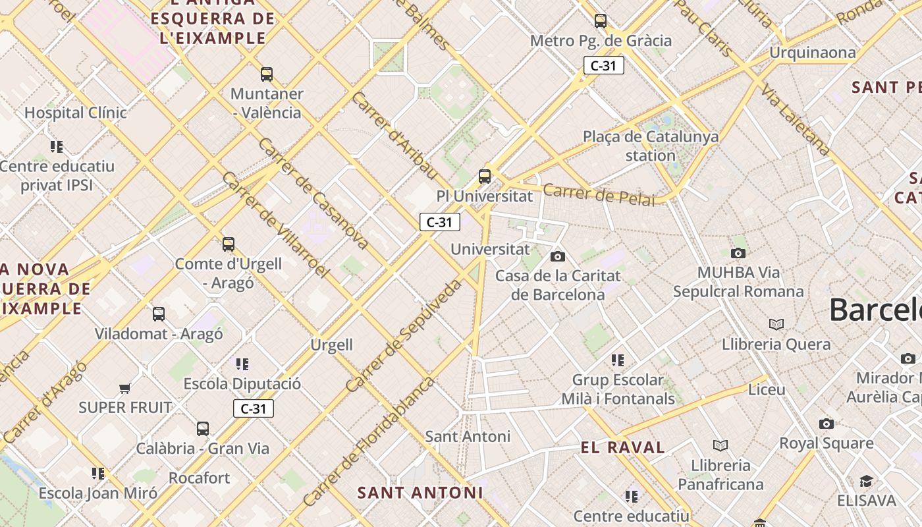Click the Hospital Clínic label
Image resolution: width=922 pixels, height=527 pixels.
[75, 113]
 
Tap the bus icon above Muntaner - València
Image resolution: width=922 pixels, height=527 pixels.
[267, 74]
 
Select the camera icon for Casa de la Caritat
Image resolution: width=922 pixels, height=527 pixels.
[558, 256]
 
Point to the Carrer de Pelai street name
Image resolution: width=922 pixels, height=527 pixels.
[599, 195]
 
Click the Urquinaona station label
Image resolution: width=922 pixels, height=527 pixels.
[813, 52]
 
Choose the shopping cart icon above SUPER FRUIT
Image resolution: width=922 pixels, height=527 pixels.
[125, 388]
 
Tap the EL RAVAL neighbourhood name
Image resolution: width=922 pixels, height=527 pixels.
[623, 448]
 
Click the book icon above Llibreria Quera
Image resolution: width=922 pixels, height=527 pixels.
[776, 324]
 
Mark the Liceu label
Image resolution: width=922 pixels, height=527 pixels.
[767, 389]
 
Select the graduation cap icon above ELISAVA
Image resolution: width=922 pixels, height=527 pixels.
[866, 482]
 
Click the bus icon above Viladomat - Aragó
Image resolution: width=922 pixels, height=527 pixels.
[159, 314]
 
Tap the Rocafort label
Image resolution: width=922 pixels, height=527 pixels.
[199, 478]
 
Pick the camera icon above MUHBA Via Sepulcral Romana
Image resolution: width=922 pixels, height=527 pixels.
[738, 253]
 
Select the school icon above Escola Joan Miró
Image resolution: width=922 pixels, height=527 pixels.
[98, 473]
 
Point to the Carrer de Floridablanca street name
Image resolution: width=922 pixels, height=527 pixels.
[369, 441]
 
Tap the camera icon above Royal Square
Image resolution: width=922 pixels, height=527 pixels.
[827, 424]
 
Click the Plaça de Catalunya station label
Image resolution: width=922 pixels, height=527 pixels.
[651, 146]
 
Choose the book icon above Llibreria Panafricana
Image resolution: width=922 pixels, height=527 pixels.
[721, 446]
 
